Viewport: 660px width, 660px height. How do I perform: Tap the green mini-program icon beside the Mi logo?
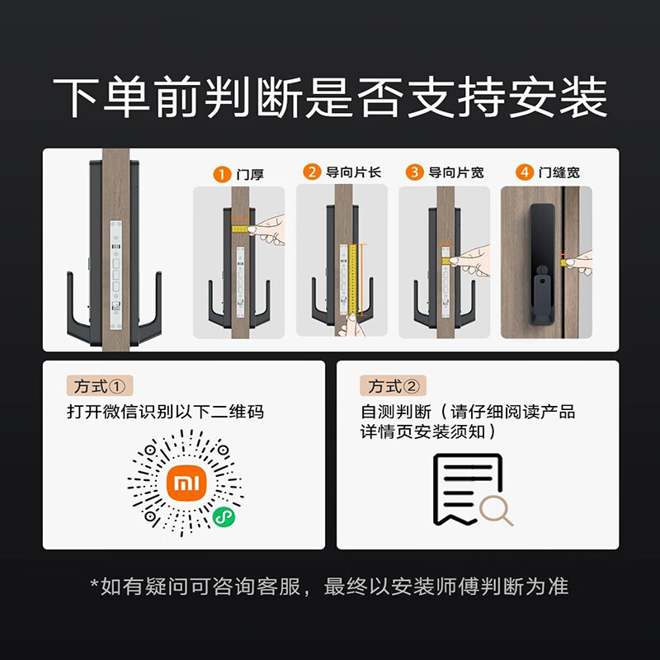coord(222,516)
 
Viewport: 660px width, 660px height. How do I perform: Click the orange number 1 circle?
coord(221,174)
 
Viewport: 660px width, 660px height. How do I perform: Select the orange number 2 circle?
coord(312,172)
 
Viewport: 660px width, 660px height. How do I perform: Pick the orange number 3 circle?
coord(414,172)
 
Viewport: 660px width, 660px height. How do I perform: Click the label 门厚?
coord(250,174)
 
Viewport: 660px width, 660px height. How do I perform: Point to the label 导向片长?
coord(353,172)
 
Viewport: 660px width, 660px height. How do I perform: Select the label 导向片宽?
coord(455,172)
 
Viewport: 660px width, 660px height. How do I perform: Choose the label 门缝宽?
coord(559,172)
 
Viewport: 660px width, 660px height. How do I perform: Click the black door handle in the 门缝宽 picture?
coord(540,264)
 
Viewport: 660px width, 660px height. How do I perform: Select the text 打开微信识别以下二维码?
coord(166,412)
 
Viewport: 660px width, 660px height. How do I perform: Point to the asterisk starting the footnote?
coord(95,584)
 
